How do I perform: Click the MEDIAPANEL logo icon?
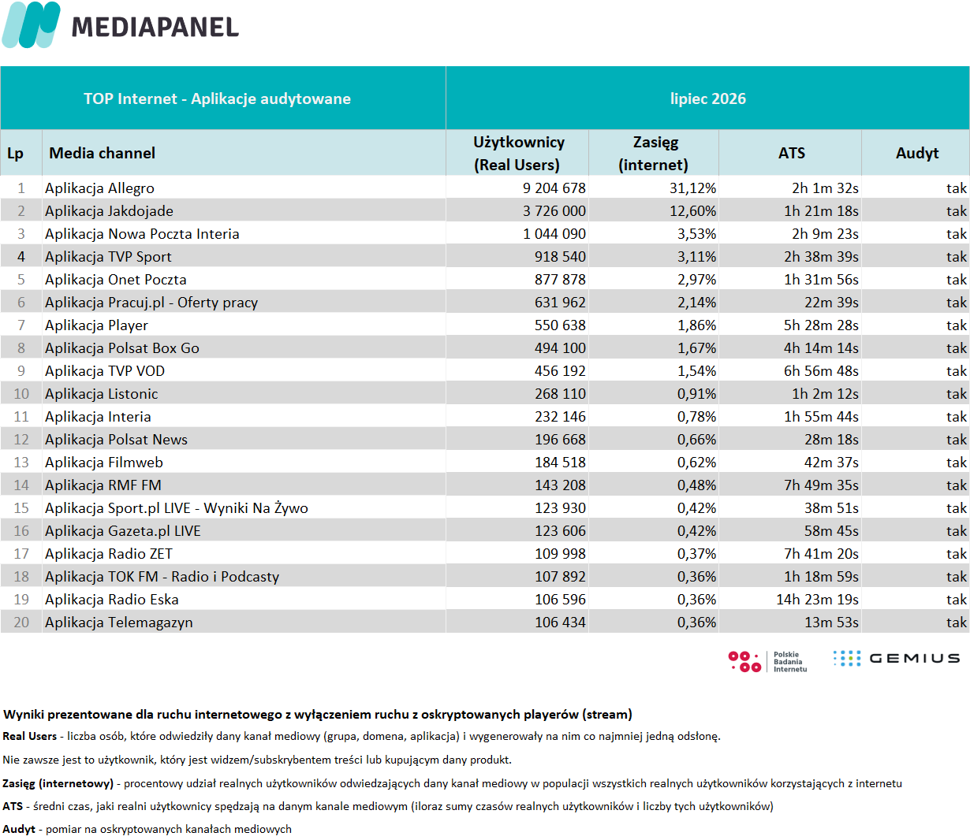click(31, 25)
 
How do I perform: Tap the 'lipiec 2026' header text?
click(707, 98)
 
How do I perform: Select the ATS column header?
click(791, 153)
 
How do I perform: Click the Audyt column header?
click(917, 154)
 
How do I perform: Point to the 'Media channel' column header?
click(102, 153)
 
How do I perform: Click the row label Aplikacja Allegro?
click(99, 188)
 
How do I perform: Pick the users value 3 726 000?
click(554, 211)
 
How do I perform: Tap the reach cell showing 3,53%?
click(696, 234)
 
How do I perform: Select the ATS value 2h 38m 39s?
click(821, 257)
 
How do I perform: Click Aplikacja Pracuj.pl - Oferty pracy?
click(151, 303)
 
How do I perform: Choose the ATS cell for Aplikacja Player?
click(821, 325)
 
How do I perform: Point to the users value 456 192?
click(560, 371)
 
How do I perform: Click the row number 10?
click(21, 394)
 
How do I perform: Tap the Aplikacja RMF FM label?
click(103, 485)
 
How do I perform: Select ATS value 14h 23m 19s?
click(817, 600)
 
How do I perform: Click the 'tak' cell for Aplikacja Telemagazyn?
click(957, 623)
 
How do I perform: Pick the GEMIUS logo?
click(897, 659)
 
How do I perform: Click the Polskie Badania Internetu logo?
click(767, 662)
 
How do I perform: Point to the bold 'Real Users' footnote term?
click(29, 736)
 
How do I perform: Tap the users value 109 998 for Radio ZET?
click(560, 554)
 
